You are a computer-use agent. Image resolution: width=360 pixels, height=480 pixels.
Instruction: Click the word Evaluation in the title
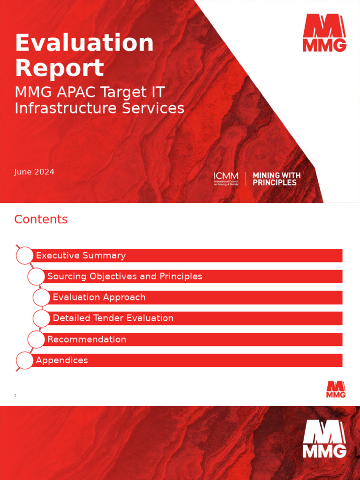(x=84, y=43)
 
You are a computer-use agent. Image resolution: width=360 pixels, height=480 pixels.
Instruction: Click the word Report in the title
(x=60, y=68)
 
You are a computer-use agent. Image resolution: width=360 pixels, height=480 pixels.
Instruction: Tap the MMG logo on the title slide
(x=324, y=32)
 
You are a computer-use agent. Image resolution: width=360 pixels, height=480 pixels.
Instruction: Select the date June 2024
(x=34, y=172)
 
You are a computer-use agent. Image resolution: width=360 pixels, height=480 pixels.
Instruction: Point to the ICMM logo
(x=226, y=179)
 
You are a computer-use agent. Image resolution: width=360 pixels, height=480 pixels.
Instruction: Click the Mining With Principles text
(x=277, y=179)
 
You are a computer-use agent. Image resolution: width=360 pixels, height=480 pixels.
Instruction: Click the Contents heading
(x=41, y=219)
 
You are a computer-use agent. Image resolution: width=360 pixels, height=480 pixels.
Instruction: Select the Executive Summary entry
(x=81, y=255)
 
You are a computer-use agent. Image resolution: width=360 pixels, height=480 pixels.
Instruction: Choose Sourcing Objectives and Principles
(x=125, y=277)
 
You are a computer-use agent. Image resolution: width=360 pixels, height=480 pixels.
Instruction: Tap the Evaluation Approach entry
(x=99, y=297)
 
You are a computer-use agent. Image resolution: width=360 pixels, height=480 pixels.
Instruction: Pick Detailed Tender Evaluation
(x=113, y=318)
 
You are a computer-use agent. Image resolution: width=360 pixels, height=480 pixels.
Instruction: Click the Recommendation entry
(x=87, y=339)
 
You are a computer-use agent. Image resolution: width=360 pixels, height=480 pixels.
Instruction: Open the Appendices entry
(x=62, y=360)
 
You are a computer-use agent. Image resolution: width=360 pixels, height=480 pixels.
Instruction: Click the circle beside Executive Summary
(x=25, y=255)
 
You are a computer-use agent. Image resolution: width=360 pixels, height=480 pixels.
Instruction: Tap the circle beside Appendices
(x=25, y=360)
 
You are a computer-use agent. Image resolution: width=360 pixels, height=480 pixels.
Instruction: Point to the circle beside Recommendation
(x=37, y=339)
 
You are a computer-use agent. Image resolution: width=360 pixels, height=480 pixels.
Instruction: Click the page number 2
(x=15, y=396)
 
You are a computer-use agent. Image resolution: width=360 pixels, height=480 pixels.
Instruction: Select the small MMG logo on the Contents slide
(x=336, y=390)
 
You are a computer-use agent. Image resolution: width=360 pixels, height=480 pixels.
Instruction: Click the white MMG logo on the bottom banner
(x=324, y=439)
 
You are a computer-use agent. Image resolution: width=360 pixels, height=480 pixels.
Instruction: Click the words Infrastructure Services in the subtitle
(x=99, y=108)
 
